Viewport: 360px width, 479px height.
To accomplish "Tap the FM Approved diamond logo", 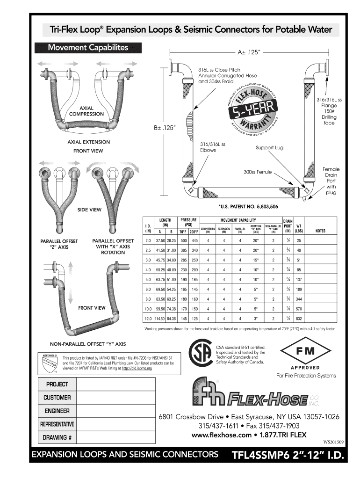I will coord(305,351).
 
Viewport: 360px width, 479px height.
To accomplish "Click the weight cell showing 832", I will coord(299,319).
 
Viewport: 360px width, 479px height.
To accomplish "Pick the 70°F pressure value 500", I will coord(184,240).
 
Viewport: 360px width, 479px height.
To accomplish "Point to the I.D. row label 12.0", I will coord(148,319).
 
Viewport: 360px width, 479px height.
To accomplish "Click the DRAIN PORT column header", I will coord(288,225).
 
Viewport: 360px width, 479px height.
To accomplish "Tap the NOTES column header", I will coord(320,231).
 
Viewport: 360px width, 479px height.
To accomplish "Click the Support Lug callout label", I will coord(269,148).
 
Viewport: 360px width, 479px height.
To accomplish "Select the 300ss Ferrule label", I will coord(258,172).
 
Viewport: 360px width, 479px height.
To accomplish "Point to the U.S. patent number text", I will coord(248,206).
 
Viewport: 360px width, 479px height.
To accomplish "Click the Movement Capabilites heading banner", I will coord(88,48).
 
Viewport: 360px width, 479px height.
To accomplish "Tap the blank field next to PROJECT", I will coord(115,385).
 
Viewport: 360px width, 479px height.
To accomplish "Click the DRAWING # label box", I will coord(57,438).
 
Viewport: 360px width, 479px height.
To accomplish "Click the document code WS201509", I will coord(333,441).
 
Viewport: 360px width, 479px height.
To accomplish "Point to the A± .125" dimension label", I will coord(248,52).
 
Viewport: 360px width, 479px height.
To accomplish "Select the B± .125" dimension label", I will coord(168,127).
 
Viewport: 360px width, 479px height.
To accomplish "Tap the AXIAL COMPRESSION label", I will coord(86,110).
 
